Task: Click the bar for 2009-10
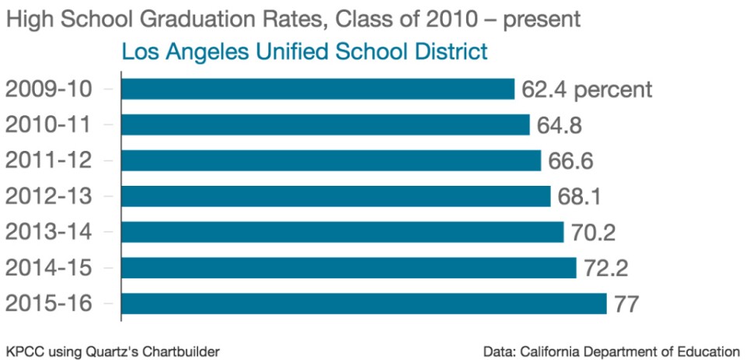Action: pos(317,89)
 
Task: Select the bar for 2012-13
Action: pos(336,196)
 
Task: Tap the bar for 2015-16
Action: pos(363,303)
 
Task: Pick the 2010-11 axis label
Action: pos(48,124)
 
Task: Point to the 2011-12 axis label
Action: pos(48,160)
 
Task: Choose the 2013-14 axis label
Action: pos(48,232)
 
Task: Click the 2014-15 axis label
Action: pos(48,267)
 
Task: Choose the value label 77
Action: pos(626,303)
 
